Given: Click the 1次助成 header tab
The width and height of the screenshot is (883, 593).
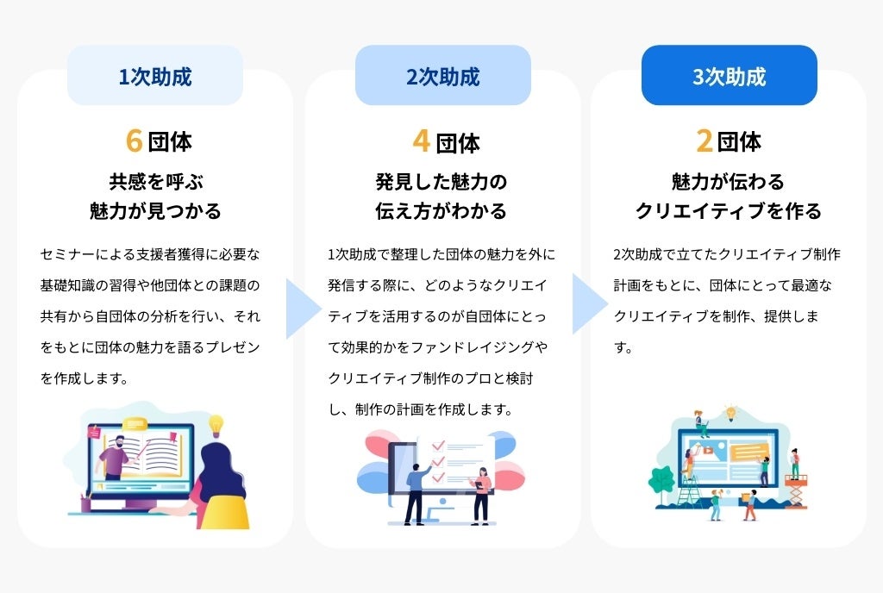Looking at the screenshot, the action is click(155, 76).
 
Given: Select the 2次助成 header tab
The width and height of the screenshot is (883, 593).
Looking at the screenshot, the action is click(442, 76).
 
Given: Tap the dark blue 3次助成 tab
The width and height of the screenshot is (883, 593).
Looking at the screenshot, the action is click(729, 76).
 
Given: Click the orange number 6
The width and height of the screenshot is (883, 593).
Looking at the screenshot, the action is click(133, 141).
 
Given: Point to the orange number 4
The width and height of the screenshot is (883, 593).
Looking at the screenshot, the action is click(421, 141).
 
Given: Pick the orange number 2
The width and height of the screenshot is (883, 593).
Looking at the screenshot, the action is click(705, 141).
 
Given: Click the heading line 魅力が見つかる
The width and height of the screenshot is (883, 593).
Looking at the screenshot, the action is click(155, 211).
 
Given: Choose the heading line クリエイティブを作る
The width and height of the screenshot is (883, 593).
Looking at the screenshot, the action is click(729, 211).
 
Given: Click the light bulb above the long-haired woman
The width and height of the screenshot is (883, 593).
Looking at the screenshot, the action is click(216, 424).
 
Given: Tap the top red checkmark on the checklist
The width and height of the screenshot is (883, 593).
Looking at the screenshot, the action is click(437, 446).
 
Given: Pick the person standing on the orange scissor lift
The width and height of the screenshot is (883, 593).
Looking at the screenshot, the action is click(795, 463).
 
